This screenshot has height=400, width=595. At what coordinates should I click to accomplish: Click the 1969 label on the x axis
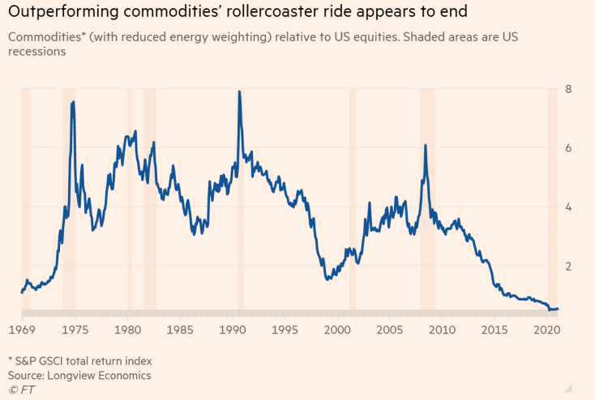click(x=22, y=330)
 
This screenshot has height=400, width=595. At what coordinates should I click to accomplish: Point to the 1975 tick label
click(x=75, y=330)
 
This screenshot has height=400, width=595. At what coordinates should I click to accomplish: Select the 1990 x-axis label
click(x=233, y=330)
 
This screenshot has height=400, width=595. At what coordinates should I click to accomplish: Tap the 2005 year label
click(x=391, y=330)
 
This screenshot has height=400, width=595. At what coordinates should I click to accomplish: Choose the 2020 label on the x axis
click(x=548, y=330)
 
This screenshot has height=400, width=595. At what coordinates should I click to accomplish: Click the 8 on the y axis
click(x=570, y=89)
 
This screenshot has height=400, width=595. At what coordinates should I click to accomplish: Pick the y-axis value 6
click(x=570, y=148)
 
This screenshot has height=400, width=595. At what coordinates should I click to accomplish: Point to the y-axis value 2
click(x=570, y=266)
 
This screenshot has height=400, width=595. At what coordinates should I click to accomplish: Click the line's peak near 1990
click(x=239, y=91)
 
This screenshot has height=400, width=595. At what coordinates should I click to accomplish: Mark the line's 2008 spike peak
click(x=425, y=146)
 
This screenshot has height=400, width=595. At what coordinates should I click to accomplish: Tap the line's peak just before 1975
click(x=74, y=102)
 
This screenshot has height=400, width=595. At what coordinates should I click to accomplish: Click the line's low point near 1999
click(x=327, y=279)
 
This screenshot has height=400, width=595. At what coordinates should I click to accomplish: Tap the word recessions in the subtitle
click(x=37, y=51)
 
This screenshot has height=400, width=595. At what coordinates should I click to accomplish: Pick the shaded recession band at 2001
click(x=352, y=194)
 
